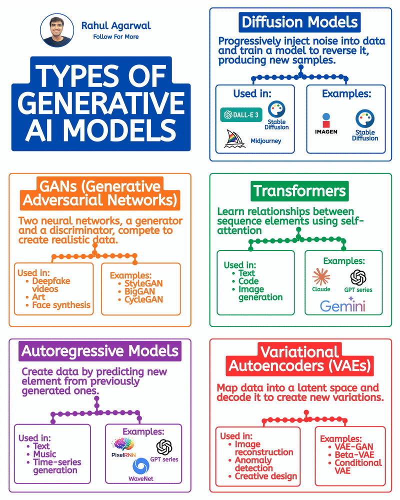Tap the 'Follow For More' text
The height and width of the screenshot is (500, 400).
[116, 37]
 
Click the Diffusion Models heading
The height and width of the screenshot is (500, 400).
[300, 22]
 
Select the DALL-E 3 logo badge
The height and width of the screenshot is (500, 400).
[242, 114]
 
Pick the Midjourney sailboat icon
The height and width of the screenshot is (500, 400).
[235, 139]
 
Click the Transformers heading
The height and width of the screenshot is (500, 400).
[299, 191]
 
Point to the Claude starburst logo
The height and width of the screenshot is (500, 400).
[321, 276]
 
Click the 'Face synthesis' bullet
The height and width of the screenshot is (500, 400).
[61, 305]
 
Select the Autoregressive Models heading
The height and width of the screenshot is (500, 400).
[100, 351]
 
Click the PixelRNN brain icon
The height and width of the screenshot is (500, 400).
[123, 444]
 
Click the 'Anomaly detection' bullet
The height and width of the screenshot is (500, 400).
[253, 464]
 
